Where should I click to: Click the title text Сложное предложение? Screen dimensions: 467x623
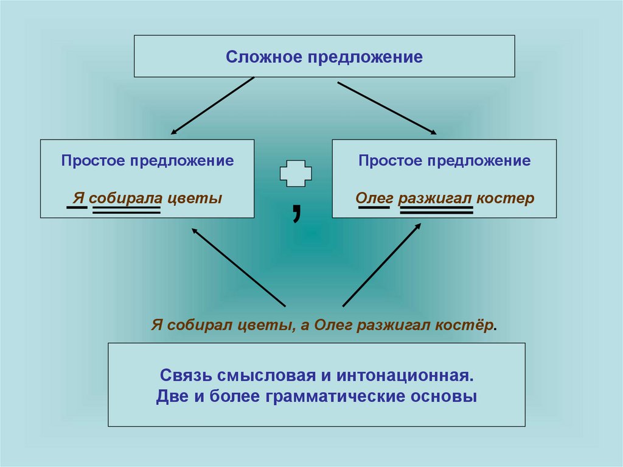tap(324, 57)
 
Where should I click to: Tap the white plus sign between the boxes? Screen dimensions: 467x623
tap(296, 174)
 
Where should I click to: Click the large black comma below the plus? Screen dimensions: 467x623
tap(296, 212)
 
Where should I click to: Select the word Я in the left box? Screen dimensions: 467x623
tap(77, 198)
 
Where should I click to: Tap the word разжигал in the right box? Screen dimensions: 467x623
tap(434, 198)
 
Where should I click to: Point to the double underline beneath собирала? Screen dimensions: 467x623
tap(126, 210)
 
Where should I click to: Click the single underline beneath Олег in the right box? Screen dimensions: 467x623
tap(374, 209)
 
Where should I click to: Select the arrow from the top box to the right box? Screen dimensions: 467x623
tap(387, 107)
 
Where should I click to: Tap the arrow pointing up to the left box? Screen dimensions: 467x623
tap(238, 267)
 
